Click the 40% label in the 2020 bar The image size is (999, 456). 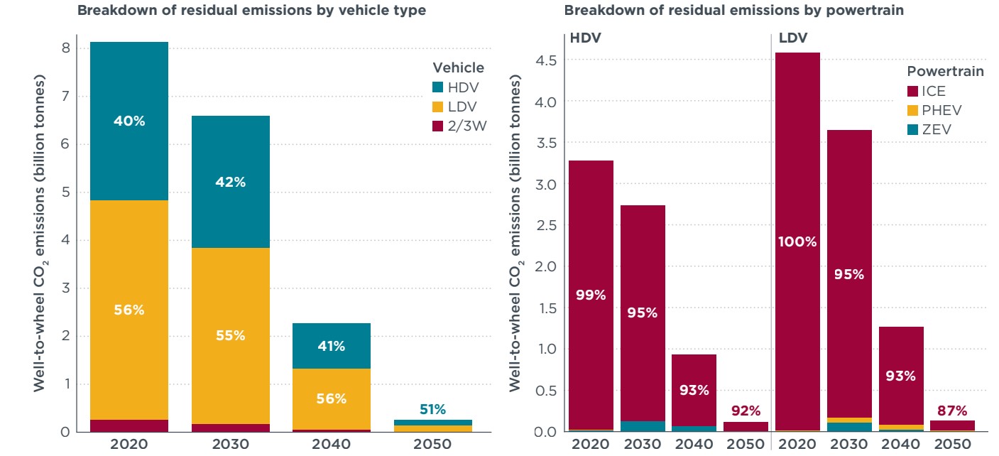(129, 121)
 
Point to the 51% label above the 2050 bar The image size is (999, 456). (432, 409)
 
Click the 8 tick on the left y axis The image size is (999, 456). (65, 48)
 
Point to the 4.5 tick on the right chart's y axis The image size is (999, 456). (545, 60)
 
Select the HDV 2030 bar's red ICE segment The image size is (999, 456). (642, 284)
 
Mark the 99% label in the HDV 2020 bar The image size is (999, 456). (591, 295)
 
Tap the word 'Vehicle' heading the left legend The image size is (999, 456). (459, 68)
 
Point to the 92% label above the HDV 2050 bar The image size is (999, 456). (746, 411)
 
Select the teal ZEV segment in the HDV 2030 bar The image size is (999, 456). (642, 426)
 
